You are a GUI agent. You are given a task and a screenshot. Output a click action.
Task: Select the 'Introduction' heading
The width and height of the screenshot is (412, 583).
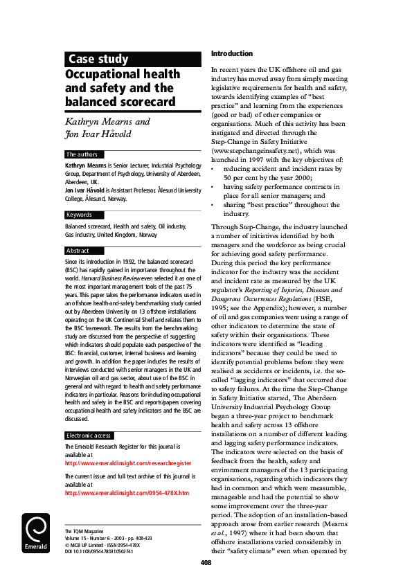point(231,53)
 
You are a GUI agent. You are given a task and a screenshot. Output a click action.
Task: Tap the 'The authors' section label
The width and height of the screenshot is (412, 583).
point(82,154)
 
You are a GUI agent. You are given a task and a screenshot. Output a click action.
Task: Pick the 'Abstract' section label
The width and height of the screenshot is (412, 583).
point(78,251)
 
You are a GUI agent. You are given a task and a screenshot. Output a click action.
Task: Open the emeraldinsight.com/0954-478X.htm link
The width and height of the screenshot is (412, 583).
point(126,493)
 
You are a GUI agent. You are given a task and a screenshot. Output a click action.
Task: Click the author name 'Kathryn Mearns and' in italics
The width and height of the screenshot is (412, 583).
point(108,122)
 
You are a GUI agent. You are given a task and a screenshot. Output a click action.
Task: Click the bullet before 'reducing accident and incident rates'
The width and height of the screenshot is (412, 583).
point(212,168)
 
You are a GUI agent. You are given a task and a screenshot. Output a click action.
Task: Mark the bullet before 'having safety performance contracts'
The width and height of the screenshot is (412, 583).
point(212,187)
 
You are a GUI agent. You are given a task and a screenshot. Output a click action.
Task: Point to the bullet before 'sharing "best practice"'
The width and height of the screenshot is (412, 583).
point(212,206)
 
